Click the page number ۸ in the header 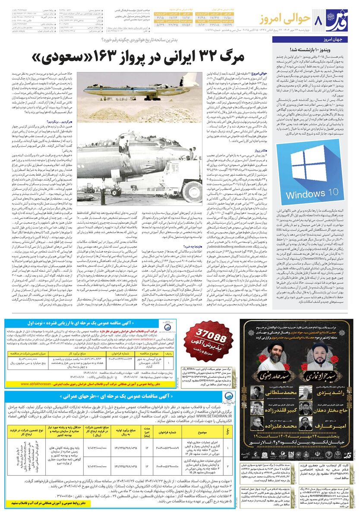[x=320, y=20]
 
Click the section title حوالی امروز [x=286, y=19]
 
